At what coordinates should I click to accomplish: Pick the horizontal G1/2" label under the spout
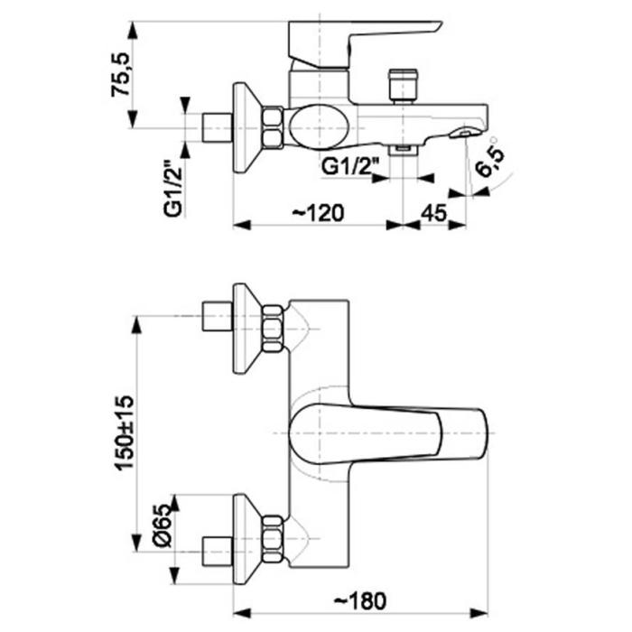click(x=349, y=167)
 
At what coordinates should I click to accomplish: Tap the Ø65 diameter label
click(x=162, y=525)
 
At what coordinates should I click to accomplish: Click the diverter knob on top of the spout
click(x=404, y=84)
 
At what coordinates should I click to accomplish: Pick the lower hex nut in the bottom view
click(x=273, y=538)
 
